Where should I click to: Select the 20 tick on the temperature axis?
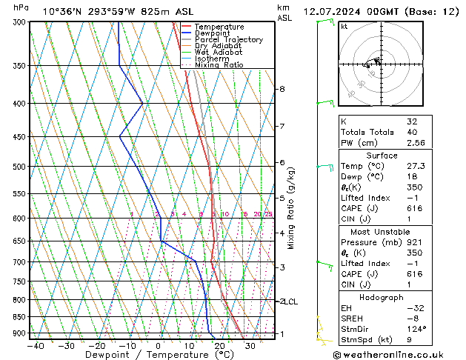point(219,345)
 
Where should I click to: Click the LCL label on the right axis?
point(290,301)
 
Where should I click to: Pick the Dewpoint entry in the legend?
point(215,33)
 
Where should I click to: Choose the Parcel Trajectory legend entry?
point(228,40)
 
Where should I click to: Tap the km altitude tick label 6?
point(282,162)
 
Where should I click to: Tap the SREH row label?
point(353,318)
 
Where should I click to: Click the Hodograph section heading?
point(383,296)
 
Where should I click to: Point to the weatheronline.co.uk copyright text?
point(398,354)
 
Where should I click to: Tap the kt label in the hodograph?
point(344,26)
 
